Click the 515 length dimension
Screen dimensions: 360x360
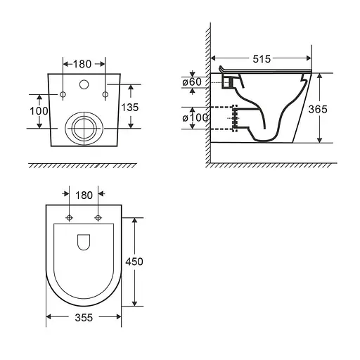point(262,59)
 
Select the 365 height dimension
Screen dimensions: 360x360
point(318,109)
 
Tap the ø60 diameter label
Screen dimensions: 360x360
point(192,82)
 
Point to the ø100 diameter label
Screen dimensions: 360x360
point(195,117)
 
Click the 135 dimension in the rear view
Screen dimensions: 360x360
point(130,108)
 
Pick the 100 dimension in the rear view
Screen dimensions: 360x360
point(39,111)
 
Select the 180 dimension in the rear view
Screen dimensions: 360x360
point(82,64)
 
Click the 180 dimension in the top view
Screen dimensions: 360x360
point(84,195)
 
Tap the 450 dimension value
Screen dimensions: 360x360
point(134,262)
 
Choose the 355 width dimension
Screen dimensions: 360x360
point(84,318)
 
